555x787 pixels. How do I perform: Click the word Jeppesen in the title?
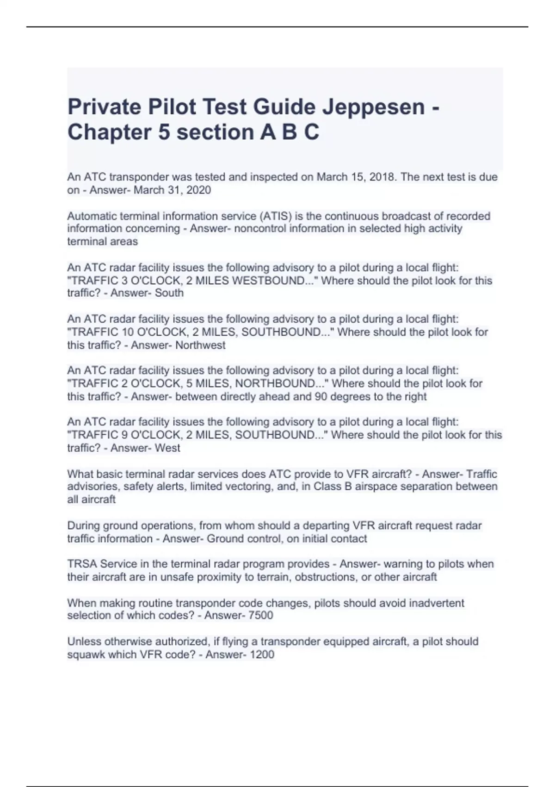pos(373,107)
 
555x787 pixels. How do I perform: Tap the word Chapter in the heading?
pos(109,132)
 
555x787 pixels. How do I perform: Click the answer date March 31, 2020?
pos(172,190)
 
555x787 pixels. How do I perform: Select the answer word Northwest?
pos(200,345)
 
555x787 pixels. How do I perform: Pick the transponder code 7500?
pos(262,616)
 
